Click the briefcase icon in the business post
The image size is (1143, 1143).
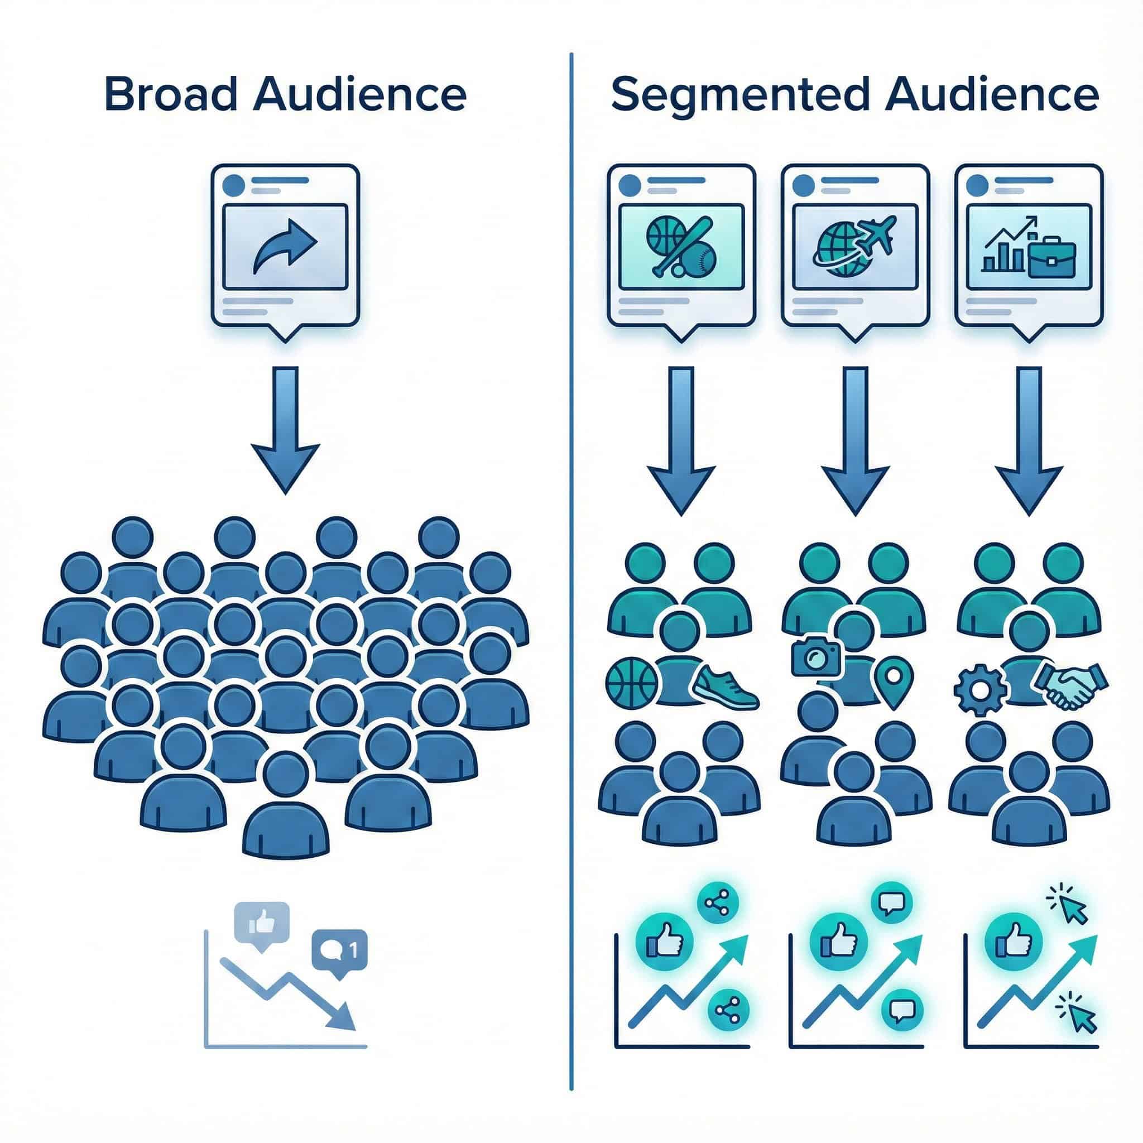[x=1052, y=257]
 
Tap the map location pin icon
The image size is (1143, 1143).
[x=894, y=681]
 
